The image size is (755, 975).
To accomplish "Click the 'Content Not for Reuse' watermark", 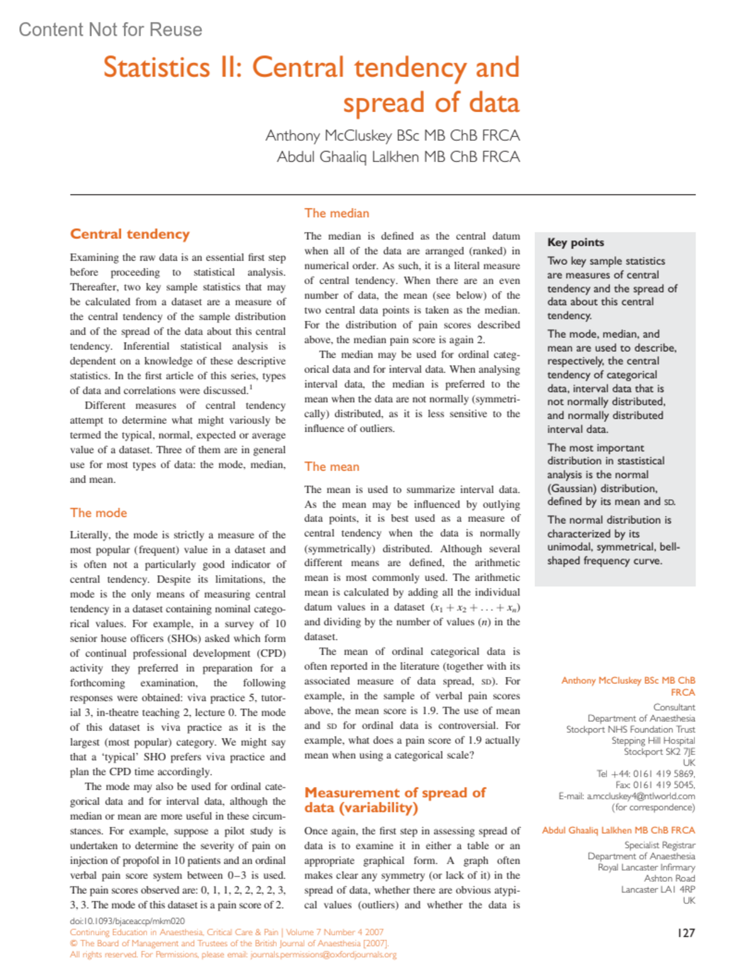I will pyautogui.click(x=111, y=30).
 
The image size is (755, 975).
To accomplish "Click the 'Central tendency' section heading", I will pyautogui.click(x=130, y=234).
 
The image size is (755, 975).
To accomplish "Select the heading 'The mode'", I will pyautogui.click(x=98, y=513).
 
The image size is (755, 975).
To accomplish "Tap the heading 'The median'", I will pyautogui.click(x=337, y=213).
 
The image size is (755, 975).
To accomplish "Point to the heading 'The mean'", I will pyautogui.click(x=332, y=467).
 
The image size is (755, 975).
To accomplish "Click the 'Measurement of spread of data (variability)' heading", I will pyautogui.click(x=394, y=800).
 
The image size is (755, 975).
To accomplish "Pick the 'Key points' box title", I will pyautogui.click(x=575, y=242).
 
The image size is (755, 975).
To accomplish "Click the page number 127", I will pyautogui.click(x=686, y=933).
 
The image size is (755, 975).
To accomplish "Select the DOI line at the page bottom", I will pyautogui.click(x=127, y=921).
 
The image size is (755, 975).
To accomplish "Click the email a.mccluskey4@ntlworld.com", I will pyautogui.click(x=640, y=796).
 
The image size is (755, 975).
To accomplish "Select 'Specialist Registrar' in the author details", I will pyautogui.click(x=659, y=845).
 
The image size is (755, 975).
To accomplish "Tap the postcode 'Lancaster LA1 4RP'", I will pyautogui.click(x=657, y=889).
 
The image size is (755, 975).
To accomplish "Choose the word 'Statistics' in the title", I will pyautogui.click(x=156, y=68).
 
